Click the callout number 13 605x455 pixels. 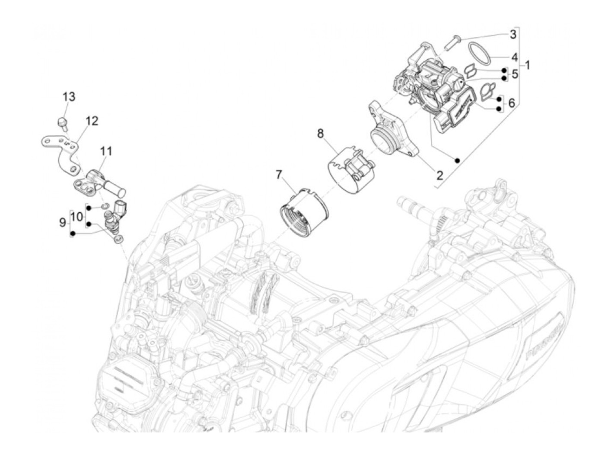(69, 96)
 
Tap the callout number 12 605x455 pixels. (92, 121)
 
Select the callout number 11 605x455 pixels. (106, 151)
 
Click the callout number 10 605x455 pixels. (76, 216)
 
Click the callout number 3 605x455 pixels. (513, 34)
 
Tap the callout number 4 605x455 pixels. (514, 57)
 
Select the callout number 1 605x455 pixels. (527, 65)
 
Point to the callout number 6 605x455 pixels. (512, 103)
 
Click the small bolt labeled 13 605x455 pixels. (62, 122)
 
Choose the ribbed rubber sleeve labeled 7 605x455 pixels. (304, 213)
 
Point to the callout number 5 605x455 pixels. (515, 74)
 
